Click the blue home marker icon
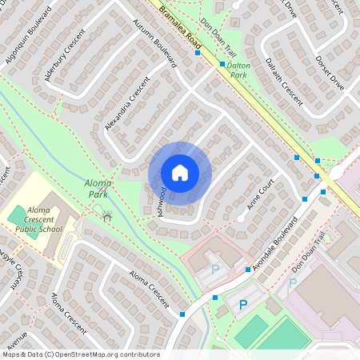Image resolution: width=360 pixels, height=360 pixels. point(180,172)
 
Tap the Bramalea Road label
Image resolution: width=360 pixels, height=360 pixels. point(180,27)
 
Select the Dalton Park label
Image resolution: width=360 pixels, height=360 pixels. point(238,69)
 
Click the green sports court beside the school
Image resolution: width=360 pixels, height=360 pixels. point(17,214)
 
